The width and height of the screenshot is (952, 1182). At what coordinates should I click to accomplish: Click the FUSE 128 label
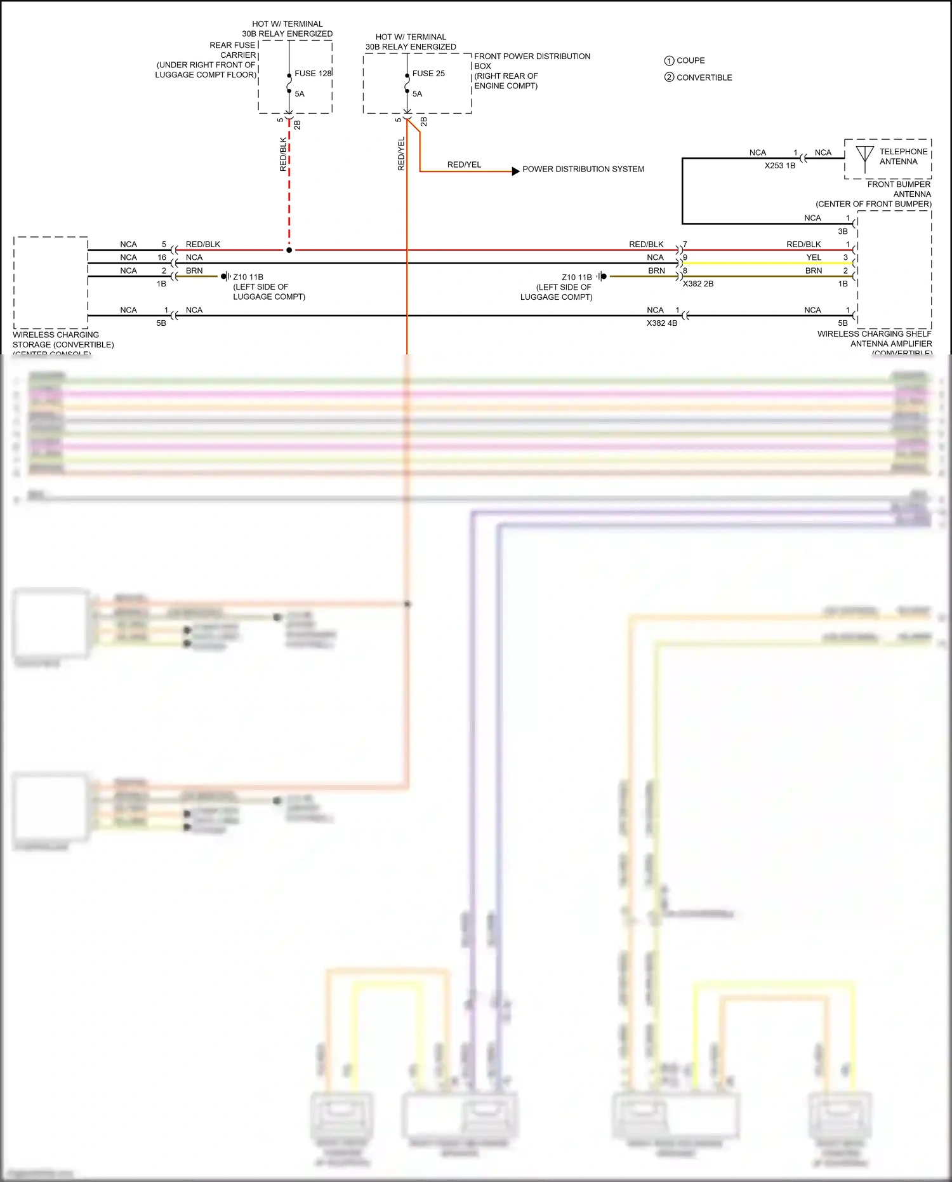tap(313, 74)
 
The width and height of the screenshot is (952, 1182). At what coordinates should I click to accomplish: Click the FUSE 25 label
tap(428, 74)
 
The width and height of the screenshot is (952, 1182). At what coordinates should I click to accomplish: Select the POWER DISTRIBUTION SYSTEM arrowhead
tap(516, 171)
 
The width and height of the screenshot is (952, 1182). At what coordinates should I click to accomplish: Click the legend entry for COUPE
tap(685, 61)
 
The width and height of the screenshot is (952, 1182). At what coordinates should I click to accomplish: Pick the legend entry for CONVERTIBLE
tap(698, 77)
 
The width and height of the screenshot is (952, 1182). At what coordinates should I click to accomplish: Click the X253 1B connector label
tap(779, 166)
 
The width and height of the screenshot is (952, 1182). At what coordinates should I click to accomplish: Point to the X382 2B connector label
tap(698, 284)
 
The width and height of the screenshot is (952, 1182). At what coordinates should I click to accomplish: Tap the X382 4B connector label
tap(662, 323)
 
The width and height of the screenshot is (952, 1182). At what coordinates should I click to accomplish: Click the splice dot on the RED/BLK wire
tap(289, 250)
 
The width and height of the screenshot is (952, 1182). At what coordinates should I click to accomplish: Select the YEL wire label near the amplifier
tap(814, 257)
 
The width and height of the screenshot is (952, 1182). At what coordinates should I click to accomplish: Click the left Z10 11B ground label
tap(248, 278)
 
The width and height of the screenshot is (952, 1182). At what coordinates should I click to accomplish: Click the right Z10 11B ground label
tap(576, 278)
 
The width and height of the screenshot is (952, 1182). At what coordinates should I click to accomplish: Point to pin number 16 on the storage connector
tap(162, 257)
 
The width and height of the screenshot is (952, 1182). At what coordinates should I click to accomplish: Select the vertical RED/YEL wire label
tap(401, 154)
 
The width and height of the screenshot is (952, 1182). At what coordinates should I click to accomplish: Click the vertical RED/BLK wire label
tap(283, 154)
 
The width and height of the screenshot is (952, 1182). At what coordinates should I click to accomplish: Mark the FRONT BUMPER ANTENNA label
tap(899, 189)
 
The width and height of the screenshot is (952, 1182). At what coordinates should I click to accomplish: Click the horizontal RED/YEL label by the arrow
tap(464, 165)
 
